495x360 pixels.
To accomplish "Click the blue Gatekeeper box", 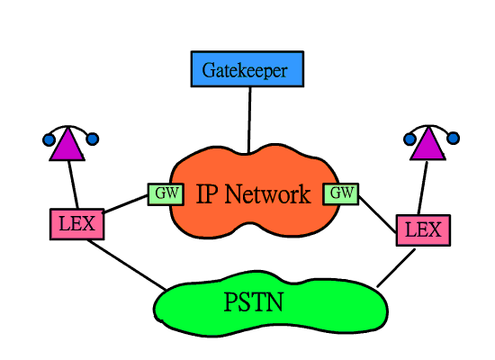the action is [247, 68].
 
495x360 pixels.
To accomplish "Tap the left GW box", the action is [166, 194].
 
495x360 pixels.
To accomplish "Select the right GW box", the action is [341, 193].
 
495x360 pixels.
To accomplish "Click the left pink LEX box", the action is [77, 224].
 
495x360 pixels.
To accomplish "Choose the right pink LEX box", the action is [423, 230].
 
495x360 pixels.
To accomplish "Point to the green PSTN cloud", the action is [271, 304].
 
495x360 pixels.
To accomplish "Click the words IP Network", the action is [254, 193].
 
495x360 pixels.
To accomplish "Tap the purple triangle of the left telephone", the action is [67, 146].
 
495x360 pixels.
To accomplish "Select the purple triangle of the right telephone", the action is [428, 145].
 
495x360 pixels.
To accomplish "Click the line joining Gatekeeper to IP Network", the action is [249, 121].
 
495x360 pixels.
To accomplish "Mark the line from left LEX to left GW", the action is [126, 204].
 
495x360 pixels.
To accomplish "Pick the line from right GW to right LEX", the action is [378, 215].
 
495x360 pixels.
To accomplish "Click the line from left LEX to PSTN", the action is [127, 265].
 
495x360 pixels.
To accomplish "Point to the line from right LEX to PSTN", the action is [396, 268].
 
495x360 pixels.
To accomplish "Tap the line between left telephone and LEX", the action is [73, 184].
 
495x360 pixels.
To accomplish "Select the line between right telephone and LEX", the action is [423, 187].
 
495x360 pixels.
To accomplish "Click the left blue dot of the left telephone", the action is [49, 139].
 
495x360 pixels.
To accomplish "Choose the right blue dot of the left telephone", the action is [93, 139].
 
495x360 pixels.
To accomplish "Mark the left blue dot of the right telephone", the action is [409, 139].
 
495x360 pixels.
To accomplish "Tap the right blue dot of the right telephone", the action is [454, 139].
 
